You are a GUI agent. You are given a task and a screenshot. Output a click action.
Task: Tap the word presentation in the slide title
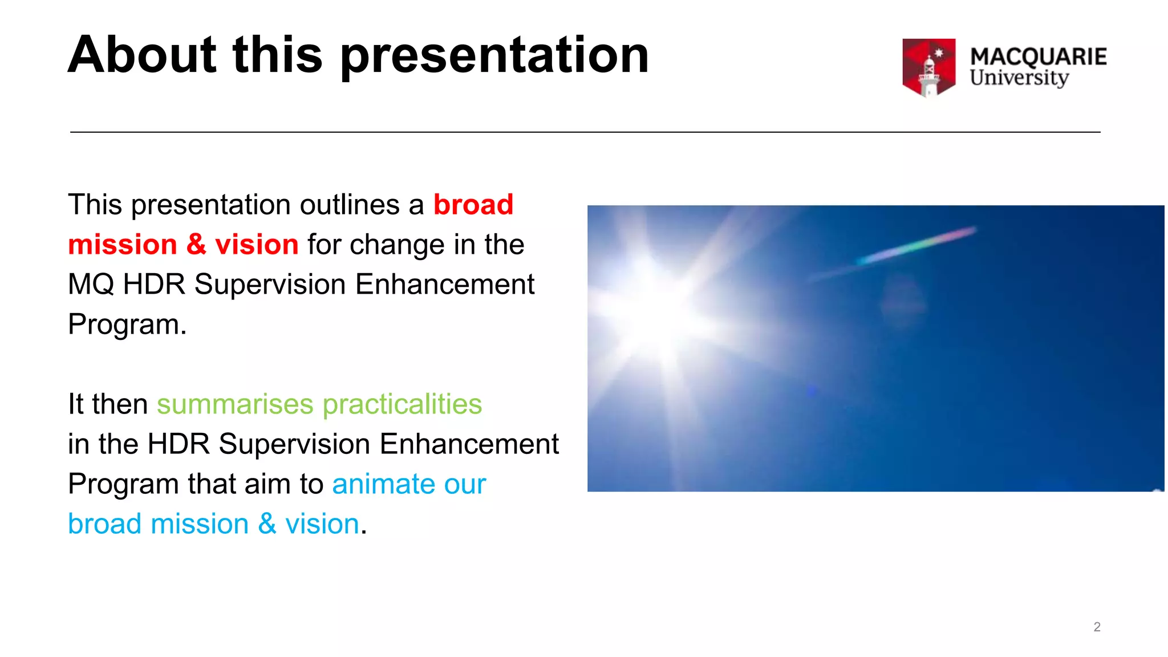point(494,55)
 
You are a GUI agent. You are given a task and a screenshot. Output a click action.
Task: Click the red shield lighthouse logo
point(928,67)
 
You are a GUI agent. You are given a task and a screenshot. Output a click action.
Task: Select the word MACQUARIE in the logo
point(1038,56)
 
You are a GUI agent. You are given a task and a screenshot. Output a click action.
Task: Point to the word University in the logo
point(1019,78)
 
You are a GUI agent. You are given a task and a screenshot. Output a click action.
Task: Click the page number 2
point(1097,627)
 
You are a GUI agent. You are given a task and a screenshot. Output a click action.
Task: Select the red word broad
point(473,204)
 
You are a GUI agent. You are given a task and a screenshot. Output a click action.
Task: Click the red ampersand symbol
point(196,244)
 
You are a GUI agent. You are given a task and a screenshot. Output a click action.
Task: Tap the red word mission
point(123,244)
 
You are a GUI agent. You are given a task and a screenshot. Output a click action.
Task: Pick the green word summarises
point(235,404)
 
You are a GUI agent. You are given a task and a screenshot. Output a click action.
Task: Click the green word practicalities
point(402,404)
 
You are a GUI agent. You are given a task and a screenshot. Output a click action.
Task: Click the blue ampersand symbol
point(267,524)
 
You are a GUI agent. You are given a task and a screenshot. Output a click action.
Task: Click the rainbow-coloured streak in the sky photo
point(918,245)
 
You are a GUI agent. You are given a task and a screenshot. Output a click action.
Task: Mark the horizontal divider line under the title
point(585,132)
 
